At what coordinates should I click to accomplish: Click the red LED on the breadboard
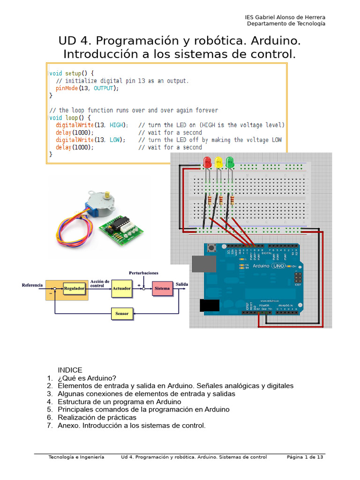coord(207,163)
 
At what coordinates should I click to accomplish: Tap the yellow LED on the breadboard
coord(218,163)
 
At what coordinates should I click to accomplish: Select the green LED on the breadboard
coord(230,163)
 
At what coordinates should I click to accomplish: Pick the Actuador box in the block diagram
coord(121,288)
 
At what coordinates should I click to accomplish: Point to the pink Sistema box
coord(162,288)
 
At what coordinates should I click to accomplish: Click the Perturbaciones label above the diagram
coord(143,272)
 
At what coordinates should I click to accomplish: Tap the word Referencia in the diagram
coord(32,285)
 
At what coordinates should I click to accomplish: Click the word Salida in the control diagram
coord(182,284)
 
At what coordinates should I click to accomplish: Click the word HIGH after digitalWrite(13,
coord(117,125)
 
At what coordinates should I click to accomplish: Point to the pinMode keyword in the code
coord(66,88)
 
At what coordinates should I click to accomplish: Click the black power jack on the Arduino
coord(209,305)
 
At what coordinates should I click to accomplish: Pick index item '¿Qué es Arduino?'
coord(87,378)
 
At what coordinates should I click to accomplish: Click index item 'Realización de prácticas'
coord(97,417)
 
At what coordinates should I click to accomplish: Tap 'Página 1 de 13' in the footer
coord(305,457)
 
